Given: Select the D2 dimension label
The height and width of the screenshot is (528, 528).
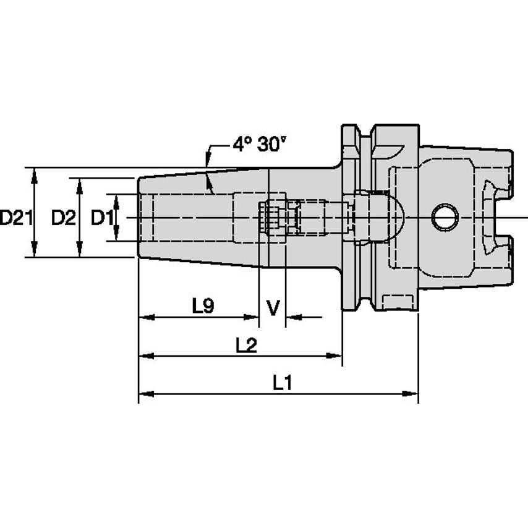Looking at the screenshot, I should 63,218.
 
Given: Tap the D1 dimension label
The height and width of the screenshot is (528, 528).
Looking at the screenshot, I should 103,218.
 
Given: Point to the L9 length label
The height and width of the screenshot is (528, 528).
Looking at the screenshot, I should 203,305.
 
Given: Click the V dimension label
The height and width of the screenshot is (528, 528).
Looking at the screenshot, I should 272,307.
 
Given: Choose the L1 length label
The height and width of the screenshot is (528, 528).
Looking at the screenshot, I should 283,383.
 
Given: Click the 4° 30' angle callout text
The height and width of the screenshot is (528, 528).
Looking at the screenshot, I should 260,144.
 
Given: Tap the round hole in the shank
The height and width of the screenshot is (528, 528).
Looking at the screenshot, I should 445,218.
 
